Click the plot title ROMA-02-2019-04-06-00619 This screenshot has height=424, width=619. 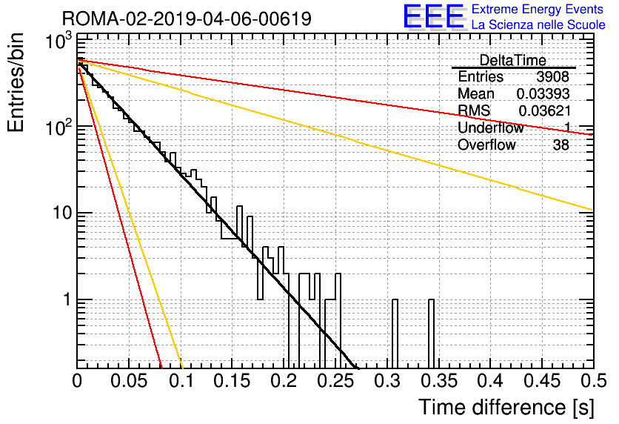coord(187,19)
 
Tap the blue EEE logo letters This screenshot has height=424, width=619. coord(433,16)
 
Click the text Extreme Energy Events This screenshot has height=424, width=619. coord(538,9)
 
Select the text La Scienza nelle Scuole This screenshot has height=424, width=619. coord(538,25)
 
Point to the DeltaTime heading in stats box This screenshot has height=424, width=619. coord(512,60)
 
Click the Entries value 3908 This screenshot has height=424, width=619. coord(552,76)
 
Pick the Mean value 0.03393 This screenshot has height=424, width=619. coord(543,93)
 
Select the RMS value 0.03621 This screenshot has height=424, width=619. coord(544,111)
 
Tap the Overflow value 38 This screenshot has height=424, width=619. coord(561,145)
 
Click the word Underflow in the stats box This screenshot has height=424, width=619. coord(490,128)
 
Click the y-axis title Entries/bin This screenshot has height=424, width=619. coord(16,82)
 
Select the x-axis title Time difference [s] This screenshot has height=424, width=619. coord(506,407)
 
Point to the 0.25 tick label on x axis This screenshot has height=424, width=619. coord(336,381)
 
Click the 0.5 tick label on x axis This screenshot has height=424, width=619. coord(594,381)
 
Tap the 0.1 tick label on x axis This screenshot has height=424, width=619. coord(181,381)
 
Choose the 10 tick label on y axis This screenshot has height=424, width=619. coord(62,213)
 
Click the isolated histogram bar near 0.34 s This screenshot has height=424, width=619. coord(431,334)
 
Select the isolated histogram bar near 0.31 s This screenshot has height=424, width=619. coord(395,334)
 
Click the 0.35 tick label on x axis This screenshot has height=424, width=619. coord(439,381)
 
